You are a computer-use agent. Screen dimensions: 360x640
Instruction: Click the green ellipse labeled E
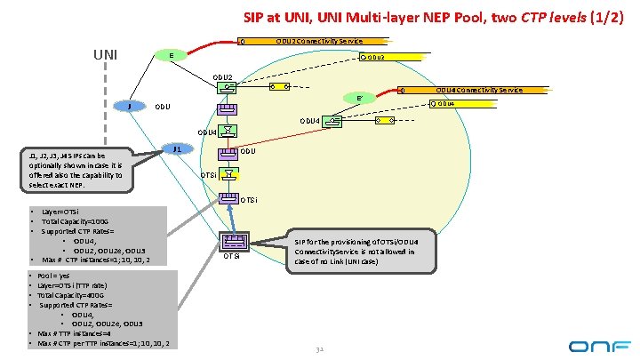pos(171,56)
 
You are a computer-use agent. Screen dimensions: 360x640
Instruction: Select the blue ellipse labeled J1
pos(177,149)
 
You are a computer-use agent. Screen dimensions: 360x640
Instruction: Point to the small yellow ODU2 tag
pos(372,58)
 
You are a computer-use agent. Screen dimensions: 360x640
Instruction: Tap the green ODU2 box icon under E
pos(228,87)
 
